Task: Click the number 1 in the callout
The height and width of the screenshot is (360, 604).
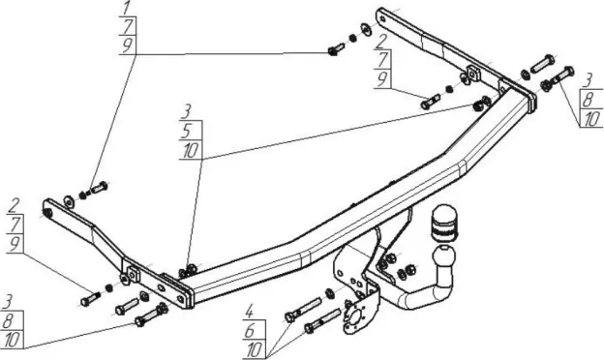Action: (127, 9)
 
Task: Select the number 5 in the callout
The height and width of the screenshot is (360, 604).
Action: (187, 131)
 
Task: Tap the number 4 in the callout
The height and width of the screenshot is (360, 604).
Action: (250, 311)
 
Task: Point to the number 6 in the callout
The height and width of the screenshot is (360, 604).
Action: (251, 330)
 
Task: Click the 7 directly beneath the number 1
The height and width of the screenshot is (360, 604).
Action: (127, 25)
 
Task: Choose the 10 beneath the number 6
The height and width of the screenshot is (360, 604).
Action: (255, 349)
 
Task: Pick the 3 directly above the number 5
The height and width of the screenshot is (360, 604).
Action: (187, 112)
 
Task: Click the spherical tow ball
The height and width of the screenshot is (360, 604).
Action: (443, 256)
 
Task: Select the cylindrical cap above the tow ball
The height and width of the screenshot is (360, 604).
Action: (442, 223)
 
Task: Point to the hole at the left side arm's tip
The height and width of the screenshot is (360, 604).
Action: (48, 213)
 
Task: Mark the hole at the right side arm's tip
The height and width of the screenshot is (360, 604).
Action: (381, 18)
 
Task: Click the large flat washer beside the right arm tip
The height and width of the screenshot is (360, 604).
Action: (366, 30)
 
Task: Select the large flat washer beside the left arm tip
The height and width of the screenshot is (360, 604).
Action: (70, 201)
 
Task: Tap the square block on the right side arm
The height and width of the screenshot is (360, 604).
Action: (473, 73)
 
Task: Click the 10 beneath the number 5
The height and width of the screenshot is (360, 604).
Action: (191, 150)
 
